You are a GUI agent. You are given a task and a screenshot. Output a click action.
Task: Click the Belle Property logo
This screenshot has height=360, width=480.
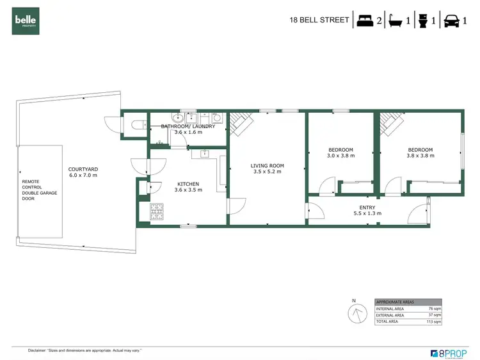[26, 20]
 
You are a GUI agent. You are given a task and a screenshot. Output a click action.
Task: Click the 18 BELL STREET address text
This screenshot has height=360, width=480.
[319, 20]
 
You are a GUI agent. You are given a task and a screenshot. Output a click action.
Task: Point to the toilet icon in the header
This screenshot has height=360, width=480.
[423, 19]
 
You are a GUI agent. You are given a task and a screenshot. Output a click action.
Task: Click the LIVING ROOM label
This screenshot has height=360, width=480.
[267, 166]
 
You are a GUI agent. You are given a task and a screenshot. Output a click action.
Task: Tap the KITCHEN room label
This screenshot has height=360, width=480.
[188, 184]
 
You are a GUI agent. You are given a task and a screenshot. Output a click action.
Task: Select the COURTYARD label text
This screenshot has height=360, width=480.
[83, 170]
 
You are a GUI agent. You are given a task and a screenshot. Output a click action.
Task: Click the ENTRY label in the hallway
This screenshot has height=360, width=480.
[367, 208]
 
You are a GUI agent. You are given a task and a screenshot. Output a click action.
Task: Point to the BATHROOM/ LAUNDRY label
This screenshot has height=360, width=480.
[188, 126]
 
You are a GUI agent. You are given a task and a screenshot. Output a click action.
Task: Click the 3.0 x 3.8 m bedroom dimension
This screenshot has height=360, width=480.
[340, 156]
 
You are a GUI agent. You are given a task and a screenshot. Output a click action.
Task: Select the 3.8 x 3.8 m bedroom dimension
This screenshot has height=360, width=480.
[420, 156]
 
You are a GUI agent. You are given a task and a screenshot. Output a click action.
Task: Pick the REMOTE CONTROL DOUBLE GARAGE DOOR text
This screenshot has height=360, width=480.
[38, 190]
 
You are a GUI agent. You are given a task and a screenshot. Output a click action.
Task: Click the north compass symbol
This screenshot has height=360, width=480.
[354, 314]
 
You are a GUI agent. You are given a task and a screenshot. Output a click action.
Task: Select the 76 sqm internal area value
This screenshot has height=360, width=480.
[435, 309]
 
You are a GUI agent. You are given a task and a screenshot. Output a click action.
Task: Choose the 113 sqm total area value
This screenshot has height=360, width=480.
[434, 322]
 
